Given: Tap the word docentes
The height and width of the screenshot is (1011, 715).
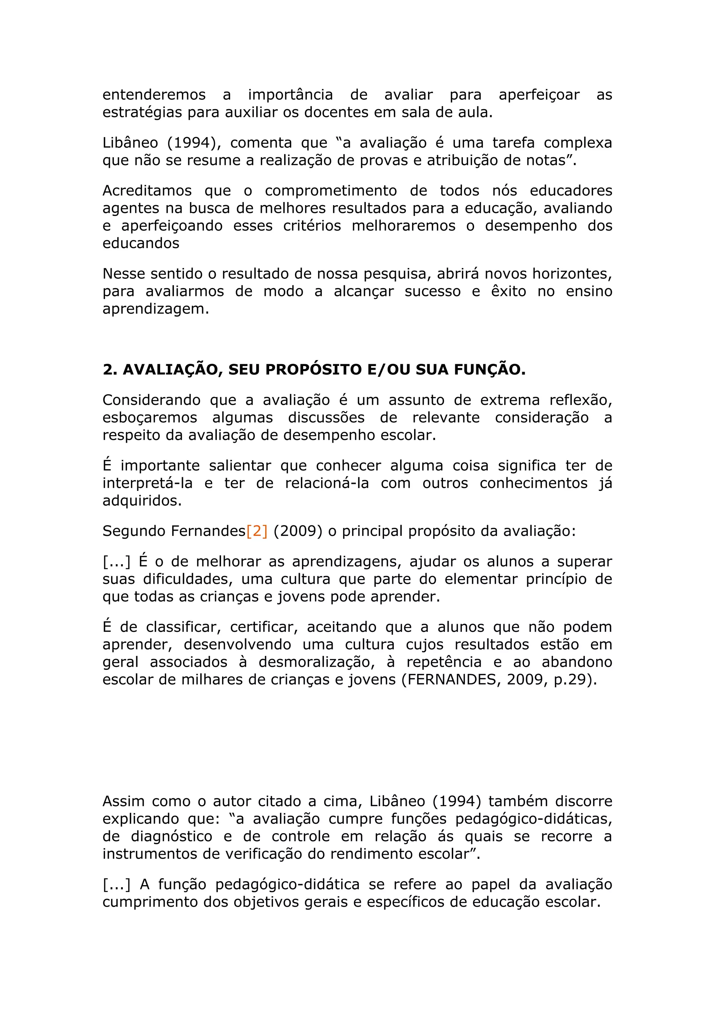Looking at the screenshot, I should (x=337, y=112).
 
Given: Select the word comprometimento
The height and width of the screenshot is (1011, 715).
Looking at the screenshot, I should (x=330, y=191).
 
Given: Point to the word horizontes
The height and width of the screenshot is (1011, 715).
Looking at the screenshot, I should (x=572, y=274).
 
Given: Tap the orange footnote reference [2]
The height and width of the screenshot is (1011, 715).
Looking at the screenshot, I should (x=257, y=531).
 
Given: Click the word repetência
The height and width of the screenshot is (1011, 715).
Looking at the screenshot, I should (x=444, y=662).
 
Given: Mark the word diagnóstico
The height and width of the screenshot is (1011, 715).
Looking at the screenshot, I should (x=171, y=836).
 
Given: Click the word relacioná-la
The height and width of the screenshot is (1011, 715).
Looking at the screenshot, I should (x=327, y=483).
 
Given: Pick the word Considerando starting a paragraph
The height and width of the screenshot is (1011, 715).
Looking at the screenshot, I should (x=151, y=400).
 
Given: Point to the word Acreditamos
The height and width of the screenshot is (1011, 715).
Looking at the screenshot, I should (x=147, y=191).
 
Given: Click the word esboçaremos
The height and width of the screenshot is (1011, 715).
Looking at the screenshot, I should (x=150, y=418).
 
